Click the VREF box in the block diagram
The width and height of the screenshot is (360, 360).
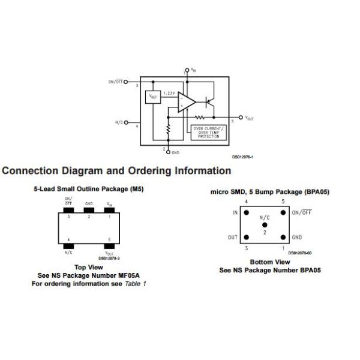154,96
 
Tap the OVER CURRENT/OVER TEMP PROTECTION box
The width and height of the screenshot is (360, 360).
208,133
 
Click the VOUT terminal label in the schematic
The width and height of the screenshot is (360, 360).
250,118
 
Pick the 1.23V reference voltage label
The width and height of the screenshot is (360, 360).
169,93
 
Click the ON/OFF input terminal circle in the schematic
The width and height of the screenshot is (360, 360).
127,81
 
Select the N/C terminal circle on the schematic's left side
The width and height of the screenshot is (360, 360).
127,122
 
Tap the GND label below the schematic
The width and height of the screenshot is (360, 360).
176,152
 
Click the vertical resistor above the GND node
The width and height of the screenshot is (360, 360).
169,130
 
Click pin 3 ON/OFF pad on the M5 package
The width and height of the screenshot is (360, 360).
68,212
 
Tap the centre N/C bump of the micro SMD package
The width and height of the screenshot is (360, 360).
265,224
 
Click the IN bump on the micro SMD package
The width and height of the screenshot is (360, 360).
246,212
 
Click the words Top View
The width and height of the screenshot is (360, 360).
89,267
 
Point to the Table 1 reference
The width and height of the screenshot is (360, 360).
136,283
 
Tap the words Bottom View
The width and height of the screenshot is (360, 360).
269,262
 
